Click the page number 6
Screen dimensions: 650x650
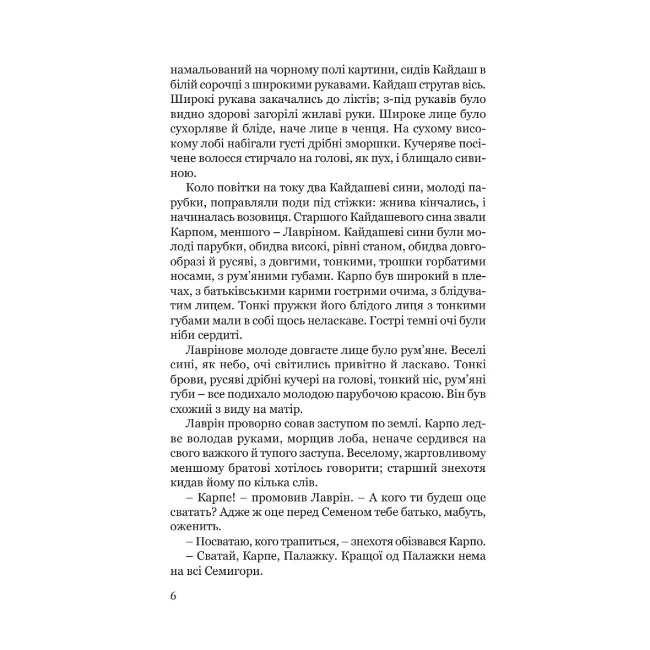(x=173, y=596)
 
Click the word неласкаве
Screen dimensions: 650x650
(x=333, y=321)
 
